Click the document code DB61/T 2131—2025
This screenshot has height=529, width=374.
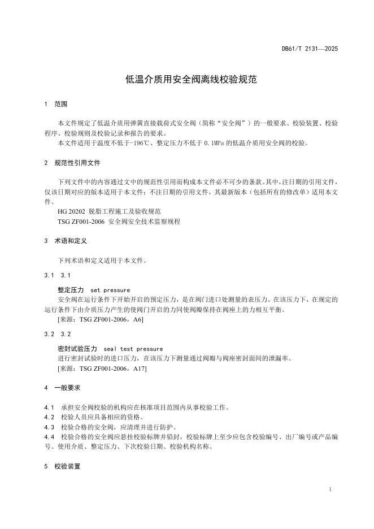coord(310,49)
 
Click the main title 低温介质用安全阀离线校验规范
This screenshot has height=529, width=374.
coord(191,80)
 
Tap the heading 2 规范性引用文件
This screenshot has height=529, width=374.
coord(72,163)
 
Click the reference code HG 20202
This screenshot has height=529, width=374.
coord(71,211)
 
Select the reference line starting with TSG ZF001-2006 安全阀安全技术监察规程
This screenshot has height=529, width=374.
coord(119,222)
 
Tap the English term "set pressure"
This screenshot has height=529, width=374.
coord(110,290)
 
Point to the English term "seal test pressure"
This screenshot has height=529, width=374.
coord(133,349)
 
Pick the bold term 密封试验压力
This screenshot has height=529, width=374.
coord(78,349)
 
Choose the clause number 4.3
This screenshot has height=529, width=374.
coord(49,427)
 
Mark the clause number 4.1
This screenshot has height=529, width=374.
coord(49,407)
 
